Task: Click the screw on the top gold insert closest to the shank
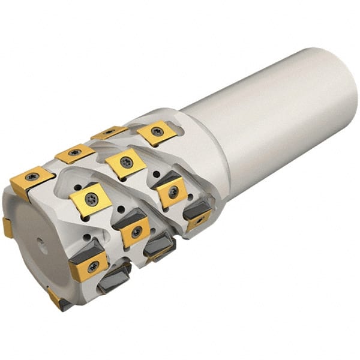[x=157, y=131]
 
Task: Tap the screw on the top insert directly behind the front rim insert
[x=74, y=154]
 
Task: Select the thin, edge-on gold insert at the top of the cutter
[x=109, y=132]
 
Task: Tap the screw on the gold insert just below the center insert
[x=136, y=232]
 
